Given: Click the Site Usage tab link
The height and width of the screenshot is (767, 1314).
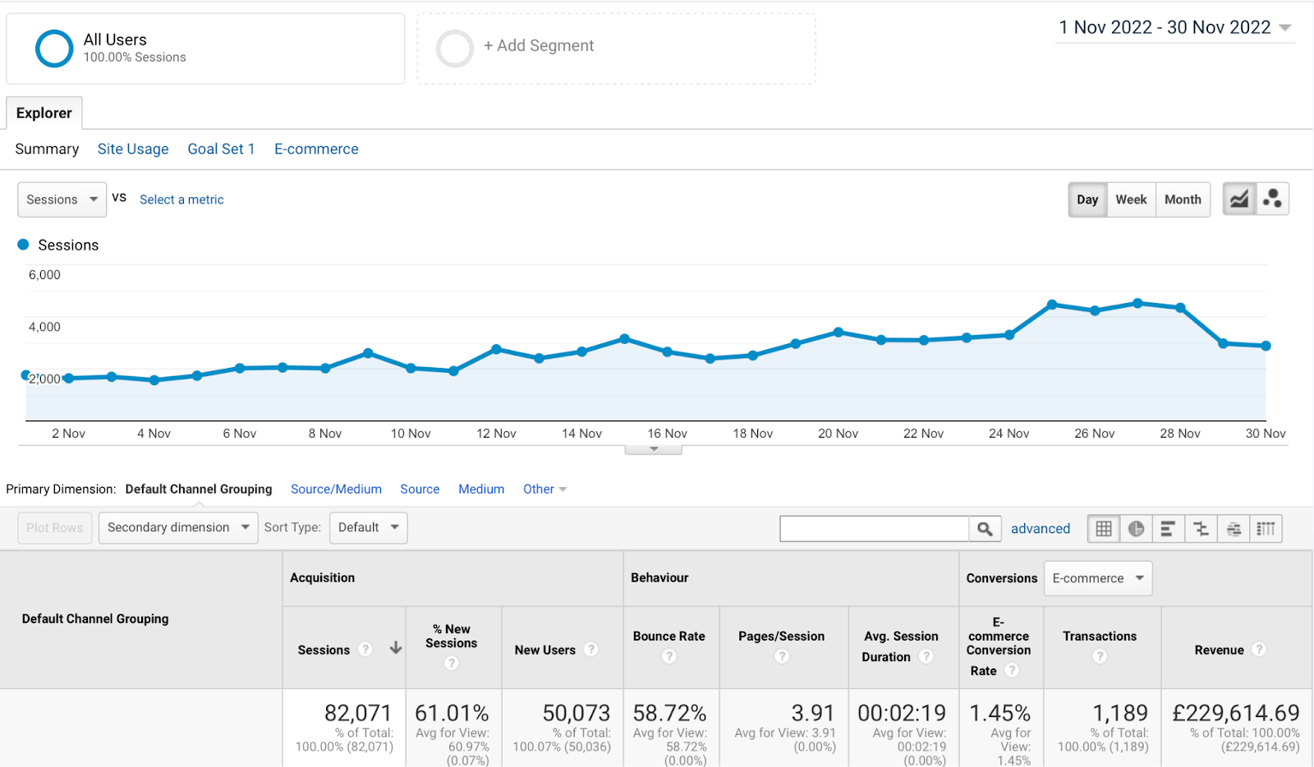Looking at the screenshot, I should pyautogui.click(x=133, y=149).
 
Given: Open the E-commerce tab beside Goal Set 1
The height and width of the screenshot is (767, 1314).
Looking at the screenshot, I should pyautogui.click(x=316, y=149).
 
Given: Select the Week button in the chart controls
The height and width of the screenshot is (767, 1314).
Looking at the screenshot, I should pyautogui.click(x=1131, y=200).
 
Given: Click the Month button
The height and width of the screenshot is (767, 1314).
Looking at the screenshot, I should pyautogui.click(x=1183, y=200).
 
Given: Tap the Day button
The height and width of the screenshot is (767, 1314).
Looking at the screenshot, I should pyautogui.click(x=1087, y=200).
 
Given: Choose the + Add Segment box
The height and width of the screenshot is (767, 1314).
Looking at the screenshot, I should pyautogui.click(x=616, y=48).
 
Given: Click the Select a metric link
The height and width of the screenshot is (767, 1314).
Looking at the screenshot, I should pyautogui.click(x=181, y=200).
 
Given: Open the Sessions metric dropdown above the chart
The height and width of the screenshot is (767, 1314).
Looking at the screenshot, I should pyautogui.click(x=62, y=200).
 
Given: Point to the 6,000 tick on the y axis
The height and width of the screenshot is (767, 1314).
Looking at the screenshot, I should pyautogui.click(x=44, y=275).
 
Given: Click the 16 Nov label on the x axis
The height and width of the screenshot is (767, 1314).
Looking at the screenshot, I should pyautogui.click(x=667, y=434).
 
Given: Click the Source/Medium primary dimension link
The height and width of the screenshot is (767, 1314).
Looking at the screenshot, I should pyautogui.click(x=336, y=489).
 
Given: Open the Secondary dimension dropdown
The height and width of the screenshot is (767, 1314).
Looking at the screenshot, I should pyautogui.click(x=177, y=527).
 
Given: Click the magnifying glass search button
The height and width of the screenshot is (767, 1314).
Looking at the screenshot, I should pyautogui.click(x=985, y=529).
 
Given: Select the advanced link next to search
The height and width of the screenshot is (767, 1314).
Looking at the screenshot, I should pyautogui.click(x=1040, y=529).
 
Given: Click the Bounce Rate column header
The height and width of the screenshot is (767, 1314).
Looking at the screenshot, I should pyautogui.click(x=668, y=636).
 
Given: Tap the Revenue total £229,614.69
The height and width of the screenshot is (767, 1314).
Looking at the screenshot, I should pyautogui.click(x=1235, y=713).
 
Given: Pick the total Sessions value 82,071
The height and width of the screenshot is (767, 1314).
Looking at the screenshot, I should pyautogui.click(x=357, y=713).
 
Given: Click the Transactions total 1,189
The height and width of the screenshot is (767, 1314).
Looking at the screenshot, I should pyautogui.click(x=1119, y=713).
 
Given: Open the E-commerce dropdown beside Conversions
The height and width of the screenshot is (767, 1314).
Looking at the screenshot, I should pyautogui.click(x=1097, y=578).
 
